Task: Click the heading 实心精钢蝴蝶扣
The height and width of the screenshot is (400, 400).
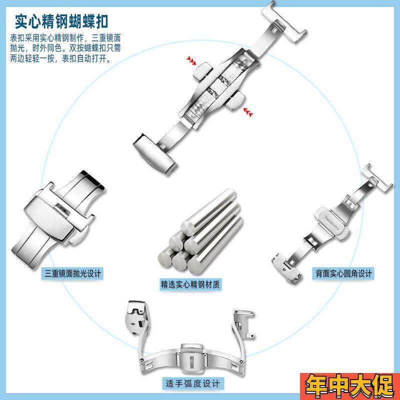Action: (62, 21)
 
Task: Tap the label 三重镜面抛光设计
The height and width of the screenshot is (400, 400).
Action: (73, 273)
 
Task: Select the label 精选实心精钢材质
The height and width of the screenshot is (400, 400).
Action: (190, 284)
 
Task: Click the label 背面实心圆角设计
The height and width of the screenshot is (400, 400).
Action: (344, 273)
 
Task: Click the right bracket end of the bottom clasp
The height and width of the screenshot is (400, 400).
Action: (243, 325)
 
